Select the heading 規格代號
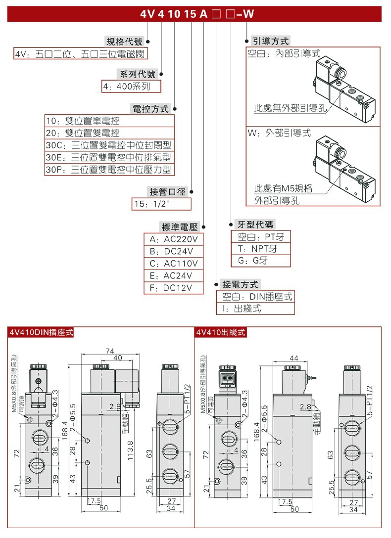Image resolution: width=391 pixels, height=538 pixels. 124,42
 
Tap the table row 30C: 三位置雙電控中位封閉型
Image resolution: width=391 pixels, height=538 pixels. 109,145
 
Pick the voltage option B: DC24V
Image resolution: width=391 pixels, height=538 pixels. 173,251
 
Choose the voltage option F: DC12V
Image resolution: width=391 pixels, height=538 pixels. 173,288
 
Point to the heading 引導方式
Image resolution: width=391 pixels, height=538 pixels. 270,41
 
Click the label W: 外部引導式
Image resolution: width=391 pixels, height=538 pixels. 280,133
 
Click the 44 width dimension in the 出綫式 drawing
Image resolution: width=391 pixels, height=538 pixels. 294,357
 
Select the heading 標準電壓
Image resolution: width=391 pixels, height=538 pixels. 180,227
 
